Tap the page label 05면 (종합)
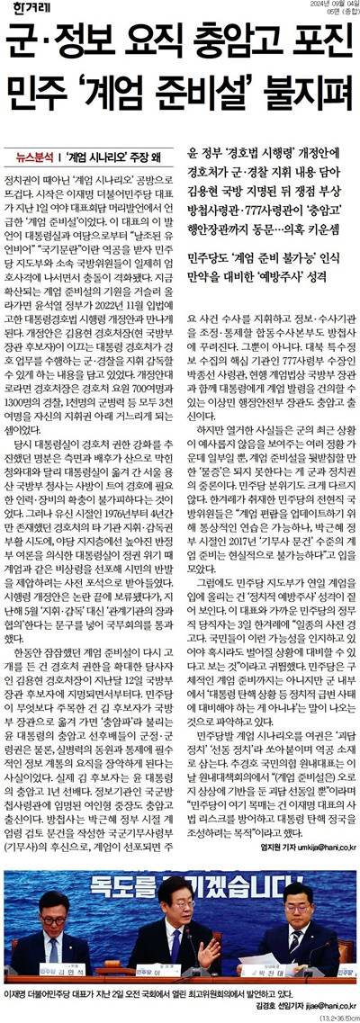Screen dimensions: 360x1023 (334, 13)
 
